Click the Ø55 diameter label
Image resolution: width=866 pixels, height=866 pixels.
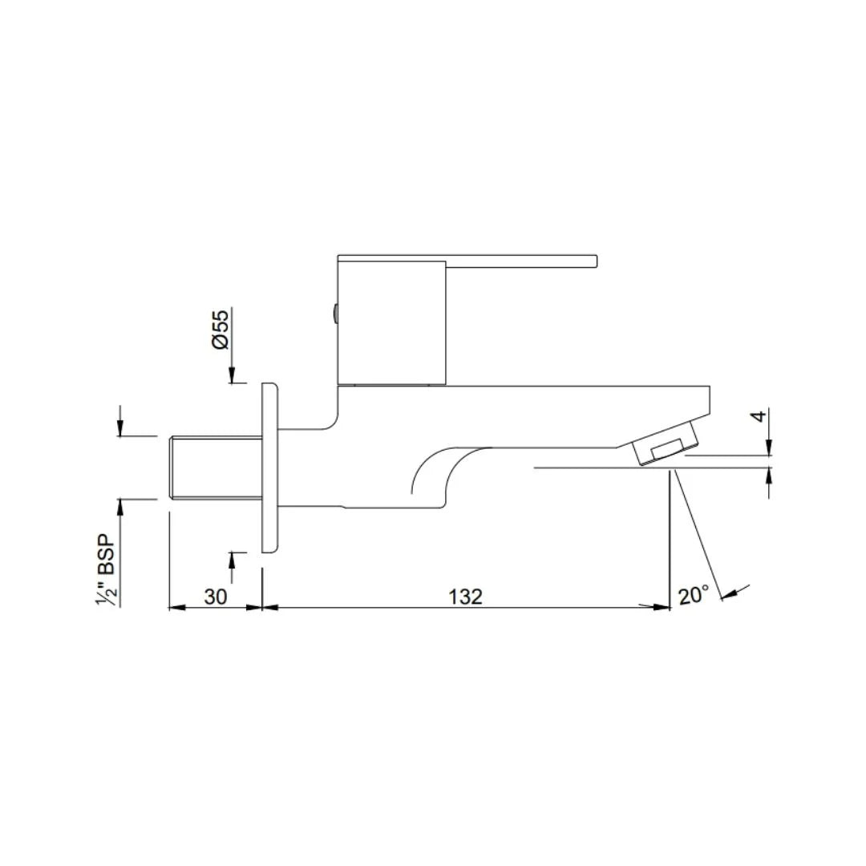pyautogui.click(x=221, y=329)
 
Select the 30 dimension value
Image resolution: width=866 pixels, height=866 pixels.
pyautogui.click(x=215, y=597)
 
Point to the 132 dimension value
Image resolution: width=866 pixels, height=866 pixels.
pyautogui.click(x=466, y=597)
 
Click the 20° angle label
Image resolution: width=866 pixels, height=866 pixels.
pyautogui.click(x=694, y=595)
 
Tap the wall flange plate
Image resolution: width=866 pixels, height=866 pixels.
pyautogui.click(x=269, y=467)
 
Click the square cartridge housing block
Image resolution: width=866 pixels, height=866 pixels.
pyautogui.click(x=391, y=321)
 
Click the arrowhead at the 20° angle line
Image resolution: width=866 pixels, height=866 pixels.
pyautogui.click(x=728, y=594)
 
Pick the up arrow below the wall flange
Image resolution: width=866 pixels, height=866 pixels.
pyautogui.click(x=232, y=558)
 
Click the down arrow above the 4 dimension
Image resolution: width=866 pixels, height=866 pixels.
pyautogui.click(x=769, y=449)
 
